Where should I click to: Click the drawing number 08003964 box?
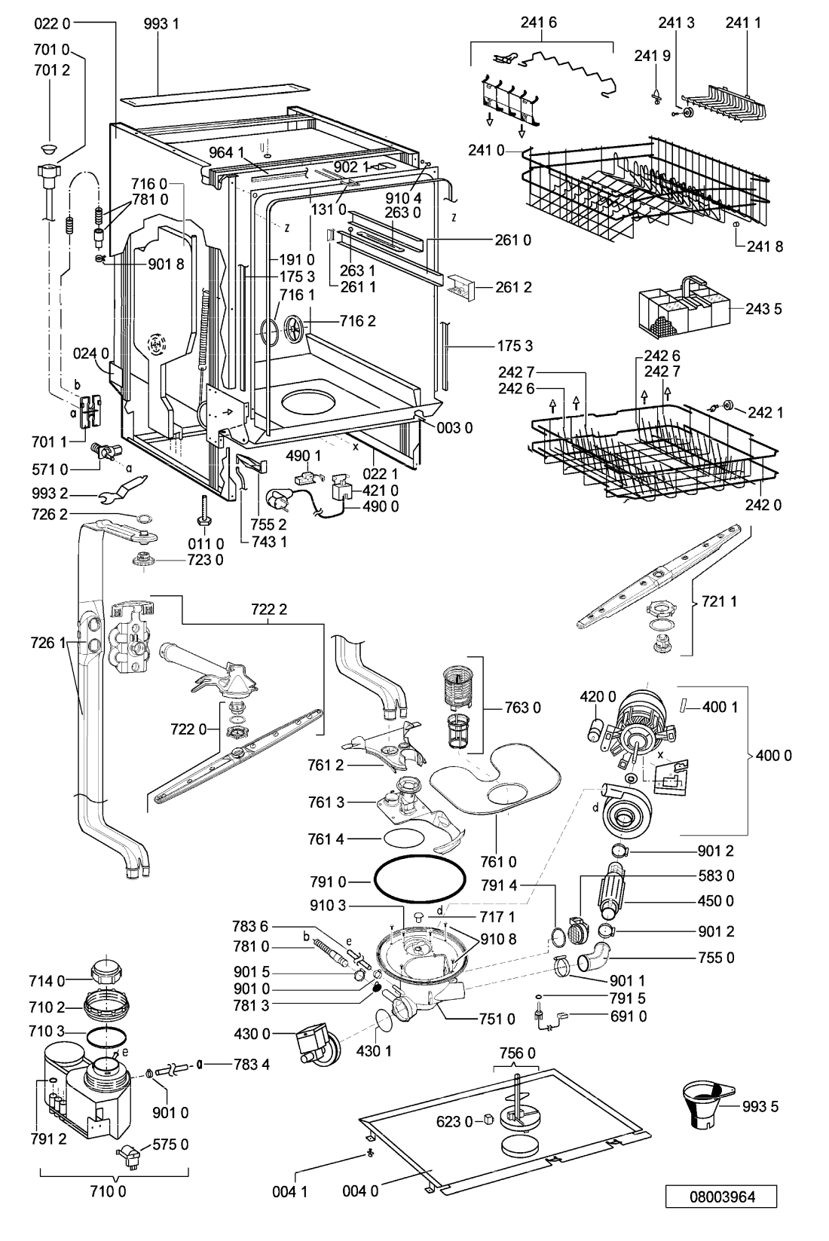pyautogui.click(x=721, y=1197)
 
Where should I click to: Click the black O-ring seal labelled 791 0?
pyautogui.click(x=420, y=881)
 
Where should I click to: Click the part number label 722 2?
pyautogui.click(x=269, y=610)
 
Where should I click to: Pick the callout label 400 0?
pyautogui.click(x=774, y=755)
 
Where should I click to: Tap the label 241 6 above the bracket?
pyautogui.click(x=539, y=22)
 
